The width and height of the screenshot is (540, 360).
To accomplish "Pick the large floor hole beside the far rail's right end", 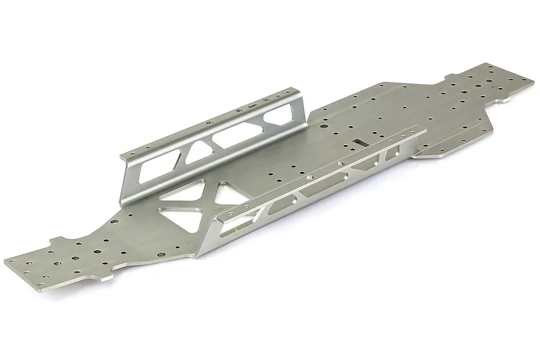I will (x=322, y=127).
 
